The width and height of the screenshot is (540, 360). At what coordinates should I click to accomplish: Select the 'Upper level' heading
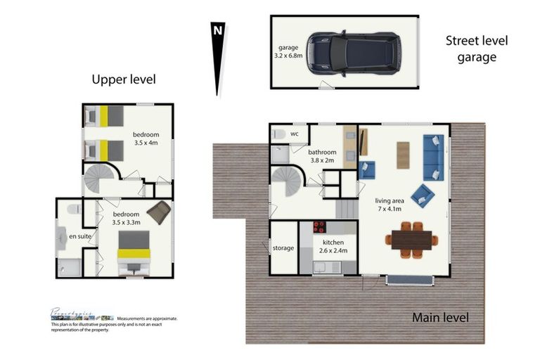coord(124,79)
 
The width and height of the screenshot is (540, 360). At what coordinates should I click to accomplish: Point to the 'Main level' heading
coord(440,317)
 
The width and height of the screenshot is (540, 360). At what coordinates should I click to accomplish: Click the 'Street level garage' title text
coord(477,49)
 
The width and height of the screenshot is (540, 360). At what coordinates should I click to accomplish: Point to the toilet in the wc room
coord(278,134)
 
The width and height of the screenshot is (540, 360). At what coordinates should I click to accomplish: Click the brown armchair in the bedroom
coord(159,212)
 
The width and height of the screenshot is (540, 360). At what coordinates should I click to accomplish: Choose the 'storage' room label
coord(283,248)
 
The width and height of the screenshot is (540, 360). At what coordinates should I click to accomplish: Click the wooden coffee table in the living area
coord(403,155)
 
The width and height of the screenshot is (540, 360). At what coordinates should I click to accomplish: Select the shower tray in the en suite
coord(69,267)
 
